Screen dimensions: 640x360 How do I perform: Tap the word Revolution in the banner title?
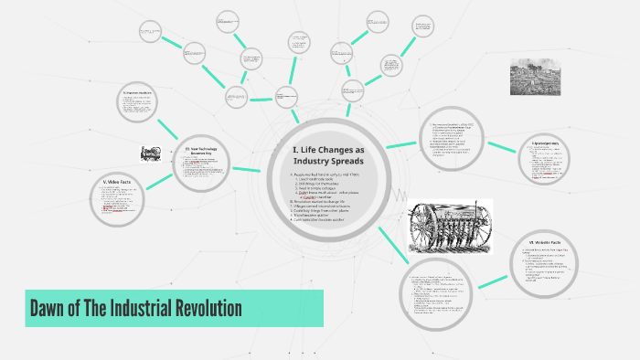click(x=206, y=308)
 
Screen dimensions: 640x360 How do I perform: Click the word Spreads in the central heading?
click(x=343, y=161)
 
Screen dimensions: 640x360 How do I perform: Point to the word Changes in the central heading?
click(x=335, y=149)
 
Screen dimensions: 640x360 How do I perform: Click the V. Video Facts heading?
click(x=118, y=183)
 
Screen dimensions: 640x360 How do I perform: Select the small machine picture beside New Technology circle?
click(x=152, y=154)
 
